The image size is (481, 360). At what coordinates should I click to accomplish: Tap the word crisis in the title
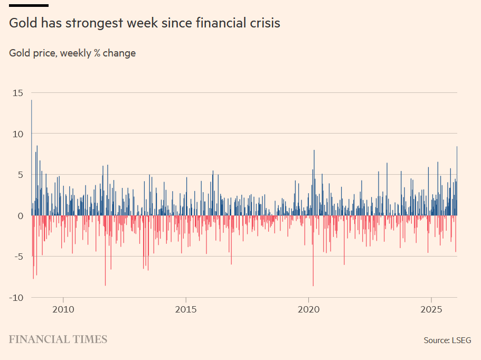(264, 23)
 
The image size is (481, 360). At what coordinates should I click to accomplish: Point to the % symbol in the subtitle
(97, 53)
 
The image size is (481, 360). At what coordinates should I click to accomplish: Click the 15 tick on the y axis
(18, 93)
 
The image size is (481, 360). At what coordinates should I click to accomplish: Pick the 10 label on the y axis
(18, 134)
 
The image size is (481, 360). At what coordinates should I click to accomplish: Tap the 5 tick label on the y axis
(20, 175)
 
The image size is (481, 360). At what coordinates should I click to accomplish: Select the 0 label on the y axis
(20, 216)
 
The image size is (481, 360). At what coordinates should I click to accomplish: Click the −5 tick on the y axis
(18, 257)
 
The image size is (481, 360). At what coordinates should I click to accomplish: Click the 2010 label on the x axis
(63, 309)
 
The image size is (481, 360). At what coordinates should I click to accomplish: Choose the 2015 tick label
(186, 309)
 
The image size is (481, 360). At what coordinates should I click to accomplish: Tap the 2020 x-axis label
(309, 309)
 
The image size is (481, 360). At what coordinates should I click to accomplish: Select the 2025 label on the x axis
(432, 309)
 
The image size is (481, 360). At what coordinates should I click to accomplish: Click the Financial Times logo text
(58, 339)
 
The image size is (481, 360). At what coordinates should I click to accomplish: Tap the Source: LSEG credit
(447, 340)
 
